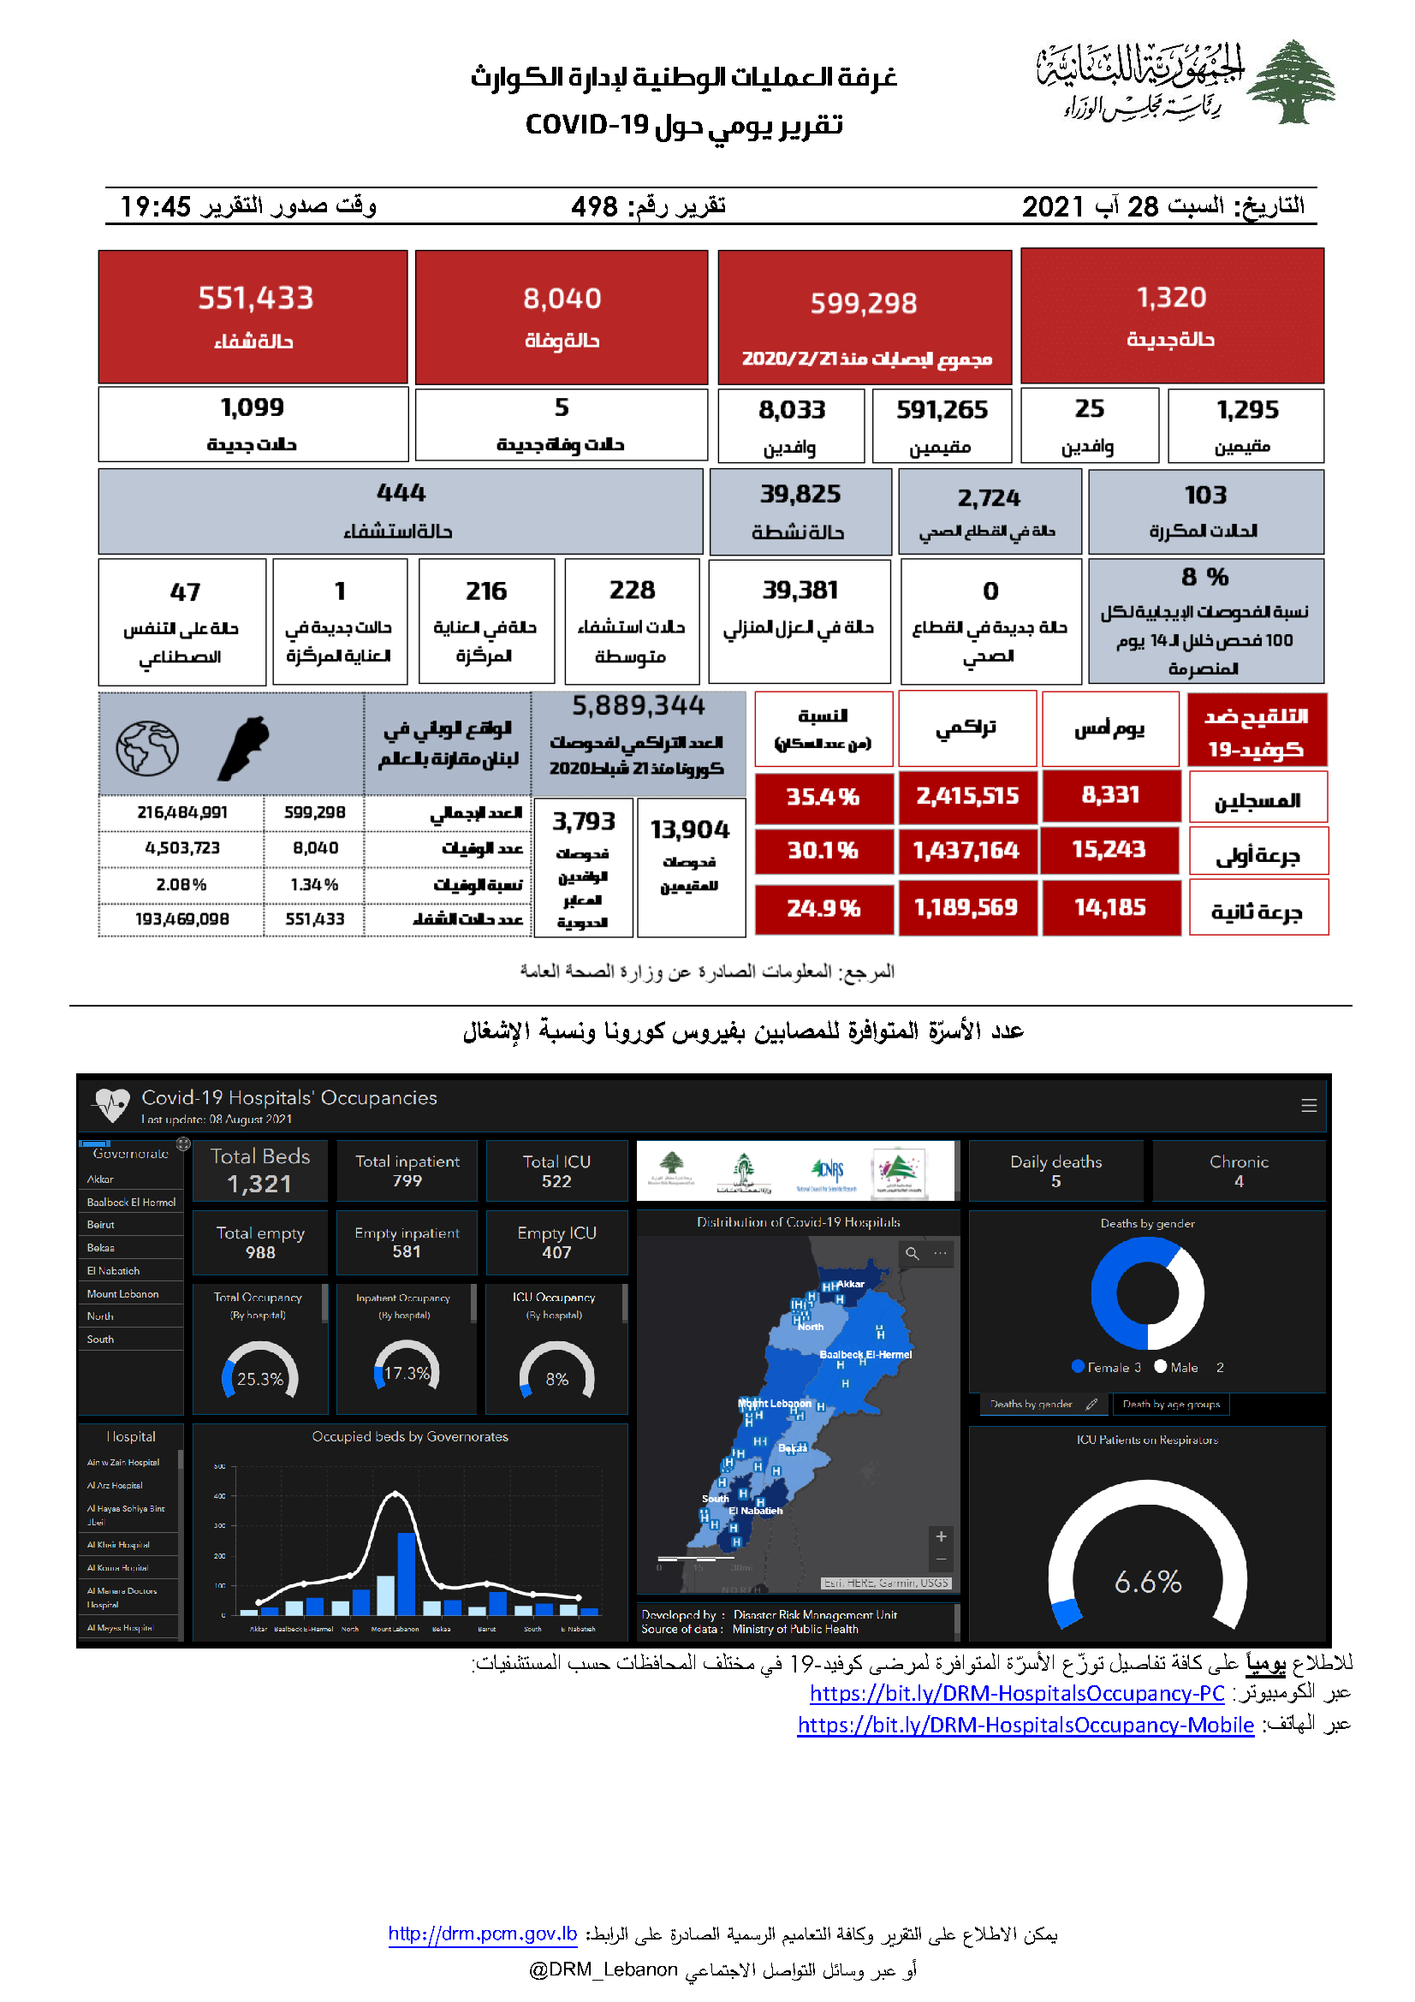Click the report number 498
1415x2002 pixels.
(x=594, y=206)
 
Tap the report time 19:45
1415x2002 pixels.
(x=155, y=206)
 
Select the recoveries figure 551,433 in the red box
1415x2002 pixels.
(x=255, y=298)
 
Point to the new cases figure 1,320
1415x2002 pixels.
(x=1171, y=297)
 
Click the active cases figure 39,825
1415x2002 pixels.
(x=800, y=495)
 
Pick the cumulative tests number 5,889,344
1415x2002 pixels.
(x=639, y=705)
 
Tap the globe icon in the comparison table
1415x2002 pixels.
(x=147, y=748)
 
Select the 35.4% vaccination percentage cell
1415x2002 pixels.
(x=823, y=797)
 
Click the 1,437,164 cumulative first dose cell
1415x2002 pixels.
(x=966, y=850)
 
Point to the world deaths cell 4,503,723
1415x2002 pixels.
(x=182, y=847)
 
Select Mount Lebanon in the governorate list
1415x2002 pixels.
(x=123, y=1294)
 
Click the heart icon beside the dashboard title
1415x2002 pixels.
(x=111, y=1105)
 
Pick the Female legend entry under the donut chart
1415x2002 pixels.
(x=1106, y=1367)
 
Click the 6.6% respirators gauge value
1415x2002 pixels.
(x=1147, y=1581)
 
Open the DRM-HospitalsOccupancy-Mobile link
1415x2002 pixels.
(x=1026, y=1725)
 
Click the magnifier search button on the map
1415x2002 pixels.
(x=912, y=1253)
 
